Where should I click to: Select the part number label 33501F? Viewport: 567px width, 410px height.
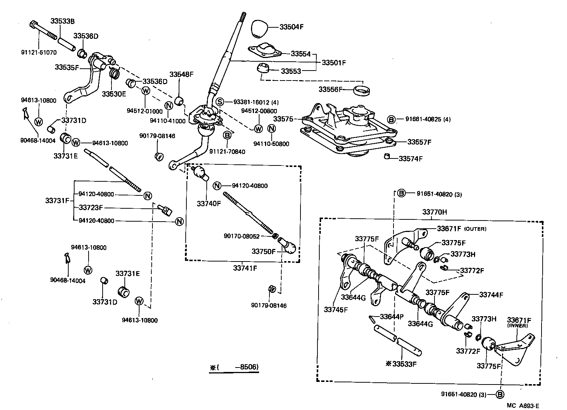(334, 62)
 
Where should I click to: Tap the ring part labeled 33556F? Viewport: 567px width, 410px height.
(363, 90)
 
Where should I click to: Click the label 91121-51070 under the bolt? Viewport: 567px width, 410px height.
(39, 52)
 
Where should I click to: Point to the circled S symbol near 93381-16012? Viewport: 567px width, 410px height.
(220, 102)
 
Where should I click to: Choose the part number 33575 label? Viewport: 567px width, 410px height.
(283, 119)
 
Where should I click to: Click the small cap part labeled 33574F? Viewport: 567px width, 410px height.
(387, 156)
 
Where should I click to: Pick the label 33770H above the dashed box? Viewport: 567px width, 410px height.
(434, 212)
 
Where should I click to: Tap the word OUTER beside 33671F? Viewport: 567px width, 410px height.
(475, 229)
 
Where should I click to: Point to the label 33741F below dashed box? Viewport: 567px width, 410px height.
(245, 268)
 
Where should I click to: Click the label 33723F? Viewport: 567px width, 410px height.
(91, 208)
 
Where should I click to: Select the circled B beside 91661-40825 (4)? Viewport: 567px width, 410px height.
(391, 119)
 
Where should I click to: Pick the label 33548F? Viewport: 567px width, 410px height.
(181, 74)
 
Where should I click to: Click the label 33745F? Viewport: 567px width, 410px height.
(336, 309)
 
